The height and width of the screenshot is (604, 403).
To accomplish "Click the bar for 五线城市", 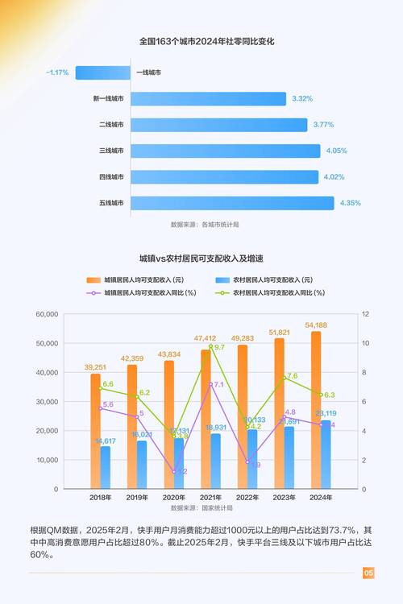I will point(232,203).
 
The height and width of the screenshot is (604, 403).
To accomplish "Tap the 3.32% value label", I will point(302,98).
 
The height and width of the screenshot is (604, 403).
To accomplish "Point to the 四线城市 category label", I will point(111,176).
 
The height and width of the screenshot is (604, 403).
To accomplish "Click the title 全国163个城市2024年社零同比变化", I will point(201,41).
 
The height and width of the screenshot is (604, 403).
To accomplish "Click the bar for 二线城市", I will point(218,125).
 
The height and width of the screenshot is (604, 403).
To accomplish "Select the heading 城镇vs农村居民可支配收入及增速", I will point(201,259).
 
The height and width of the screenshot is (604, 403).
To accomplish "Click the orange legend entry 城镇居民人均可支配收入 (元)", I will point(138,279).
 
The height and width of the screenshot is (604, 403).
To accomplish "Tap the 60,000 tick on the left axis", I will point(48,314).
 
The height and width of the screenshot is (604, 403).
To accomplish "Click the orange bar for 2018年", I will point(95,431).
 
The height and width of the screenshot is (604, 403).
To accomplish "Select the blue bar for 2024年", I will point(326,454).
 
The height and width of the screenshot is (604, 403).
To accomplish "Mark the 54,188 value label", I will point(316,325).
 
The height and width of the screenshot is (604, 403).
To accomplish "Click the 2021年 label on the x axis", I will point(210,498).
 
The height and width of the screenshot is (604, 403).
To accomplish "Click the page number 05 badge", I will point(368,573).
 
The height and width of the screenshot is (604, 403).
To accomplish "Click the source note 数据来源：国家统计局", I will point(201,509).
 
